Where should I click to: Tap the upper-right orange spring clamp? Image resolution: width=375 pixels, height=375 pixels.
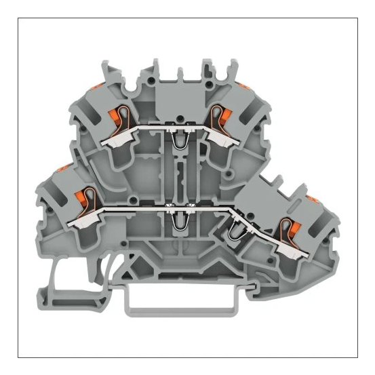tap(218, 115)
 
